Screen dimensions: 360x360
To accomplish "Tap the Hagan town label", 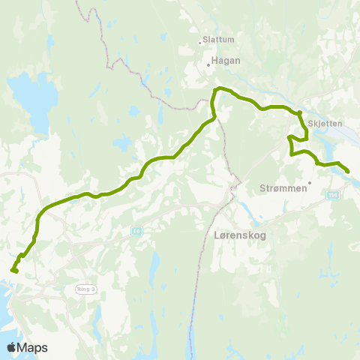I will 226,61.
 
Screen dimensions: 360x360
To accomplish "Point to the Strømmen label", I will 283,188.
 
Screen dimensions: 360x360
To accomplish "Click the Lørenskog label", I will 235,234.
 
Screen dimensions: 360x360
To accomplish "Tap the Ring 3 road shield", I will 86,288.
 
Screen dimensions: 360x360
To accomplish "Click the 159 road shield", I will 332,194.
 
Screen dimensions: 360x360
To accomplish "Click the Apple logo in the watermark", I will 12,347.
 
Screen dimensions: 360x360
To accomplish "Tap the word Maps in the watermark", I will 33,347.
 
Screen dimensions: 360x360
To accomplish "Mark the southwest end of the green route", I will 13,270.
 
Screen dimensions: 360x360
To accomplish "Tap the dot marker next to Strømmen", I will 308,181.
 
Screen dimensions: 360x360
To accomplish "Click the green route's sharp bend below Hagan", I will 217,90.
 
